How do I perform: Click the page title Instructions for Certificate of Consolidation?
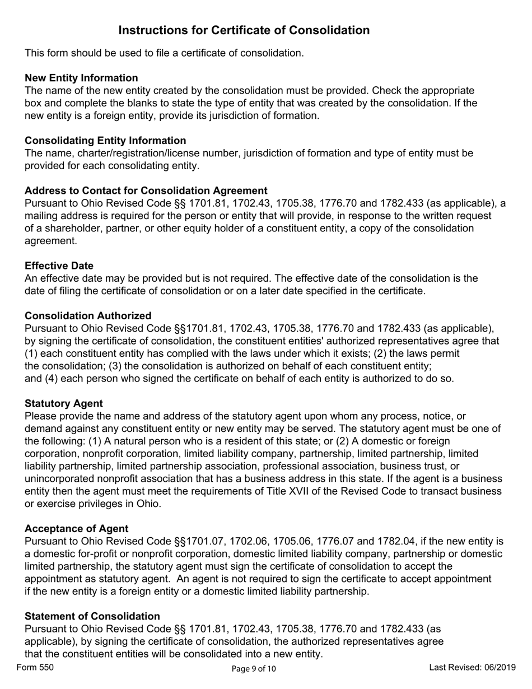click(x=244, y=30)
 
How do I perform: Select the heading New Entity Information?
click(x=81, y=78)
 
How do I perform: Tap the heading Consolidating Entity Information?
click(x=105, y=141)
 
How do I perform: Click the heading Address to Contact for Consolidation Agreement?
click(x=146, y=190)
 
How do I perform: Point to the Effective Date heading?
click(x=59, y=266)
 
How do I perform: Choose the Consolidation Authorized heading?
click(x=88, y=316)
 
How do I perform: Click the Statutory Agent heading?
click(x=63, y=403)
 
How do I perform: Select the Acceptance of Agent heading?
click(x=76, y=529)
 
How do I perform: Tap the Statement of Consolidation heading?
click(x=92, y=616)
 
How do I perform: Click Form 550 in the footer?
click(x=35, y=667)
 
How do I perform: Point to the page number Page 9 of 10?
click(x=254, y=668)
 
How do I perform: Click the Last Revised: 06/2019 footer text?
click(x=472, y=667)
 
